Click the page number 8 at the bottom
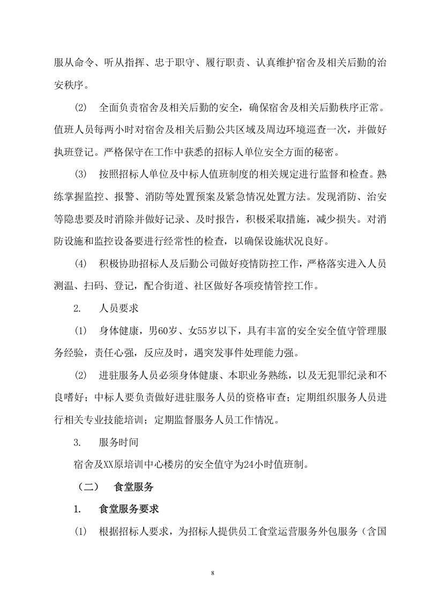coord(213,574)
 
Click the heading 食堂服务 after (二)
coord(134,487)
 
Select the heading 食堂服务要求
coord(129,509)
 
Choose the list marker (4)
coord(80,264)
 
